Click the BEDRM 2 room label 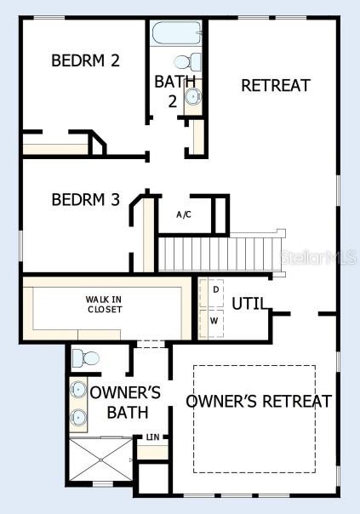coord(85,60)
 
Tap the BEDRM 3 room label coord(85,200)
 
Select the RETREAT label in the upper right coord(275,85)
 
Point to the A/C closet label coord(184,214)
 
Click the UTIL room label coord(250,303)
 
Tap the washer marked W coord(214,322)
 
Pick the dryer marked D coord(215,290)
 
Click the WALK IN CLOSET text coord(104,304)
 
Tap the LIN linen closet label coord(152,437)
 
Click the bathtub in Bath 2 coord(176,34)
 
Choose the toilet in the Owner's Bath coord(84,358)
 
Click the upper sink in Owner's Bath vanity coord(78,390)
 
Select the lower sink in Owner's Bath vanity coord(78,417)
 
